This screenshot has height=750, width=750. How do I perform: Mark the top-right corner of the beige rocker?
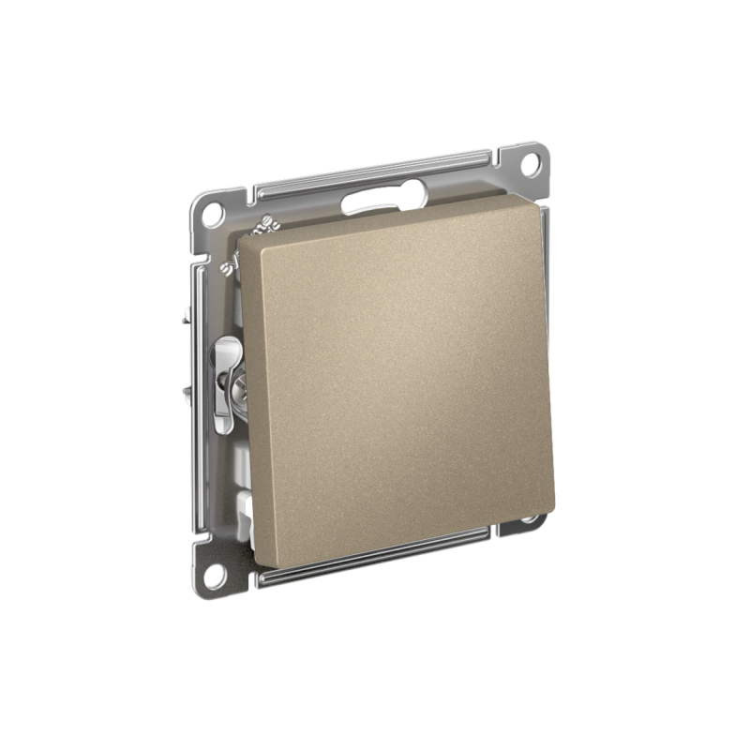point(535,199)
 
